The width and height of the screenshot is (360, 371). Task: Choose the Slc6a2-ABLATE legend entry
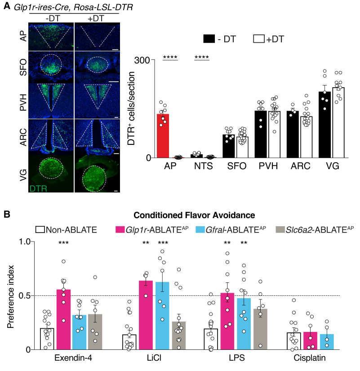pyautogui.click(x=320, y=230)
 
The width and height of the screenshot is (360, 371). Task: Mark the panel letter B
pyautogui.click(x=6, y=215)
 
